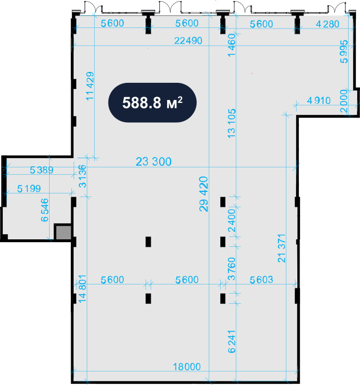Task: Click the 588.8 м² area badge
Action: pos(152,102)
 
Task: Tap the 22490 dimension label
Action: pos(188,41)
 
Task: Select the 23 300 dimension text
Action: pos(154,162)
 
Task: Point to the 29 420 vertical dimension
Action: pos(204,194)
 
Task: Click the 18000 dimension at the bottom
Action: pos(187,367)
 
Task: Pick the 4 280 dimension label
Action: pos(327,24)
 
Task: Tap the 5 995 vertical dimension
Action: pos(344,51)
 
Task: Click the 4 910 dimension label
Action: pos(319,101)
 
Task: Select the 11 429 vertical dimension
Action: pos(90,86)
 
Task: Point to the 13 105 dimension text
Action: pos(232,123)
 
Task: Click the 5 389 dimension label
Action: pos(42,170)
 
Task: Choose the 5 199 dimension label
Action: pos(29,189)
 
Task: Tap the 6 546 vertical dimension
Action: pos(45,210)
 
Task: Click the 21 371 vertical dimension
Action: pos(282,248)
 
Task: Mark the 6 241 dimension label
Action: pos(232,342)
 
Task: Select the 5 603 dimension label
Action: pos(261,280)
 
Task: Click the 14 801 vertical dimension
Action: pos(82,288)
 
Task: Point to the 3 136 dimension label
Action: pos(82,177)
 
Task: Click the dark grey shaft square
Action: pos(63,232)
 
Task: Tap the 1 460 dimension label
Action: pos(232,45)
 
